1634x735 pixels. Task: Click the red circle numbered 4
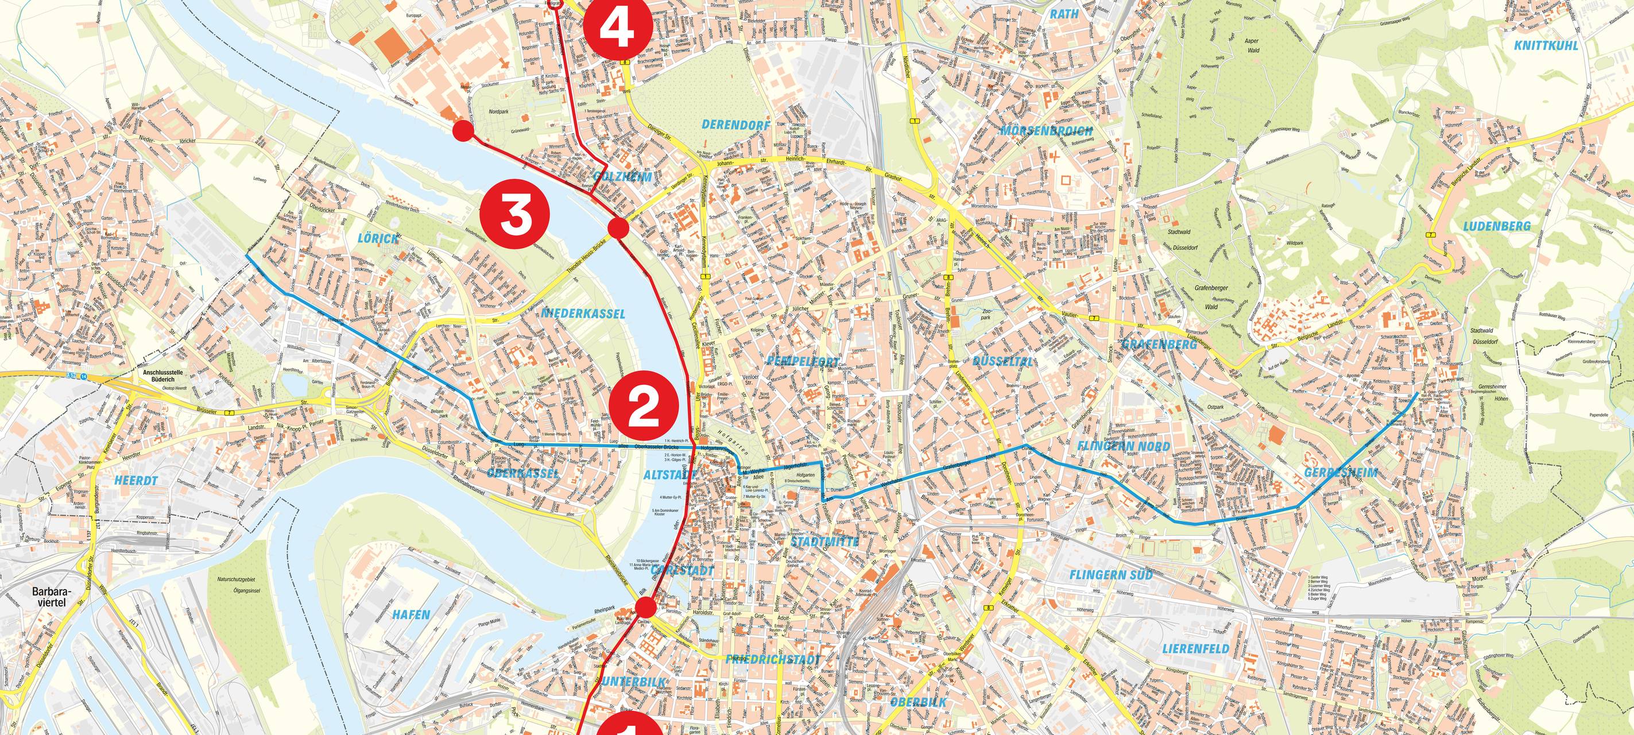pyautogui.click(x=609, y=26)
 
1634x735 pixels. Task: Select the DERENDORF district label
pyautogui.click(x=737, y=126)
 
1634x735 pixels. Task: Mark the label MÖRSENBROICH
pyautogui.click(x=1046, y=131)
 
